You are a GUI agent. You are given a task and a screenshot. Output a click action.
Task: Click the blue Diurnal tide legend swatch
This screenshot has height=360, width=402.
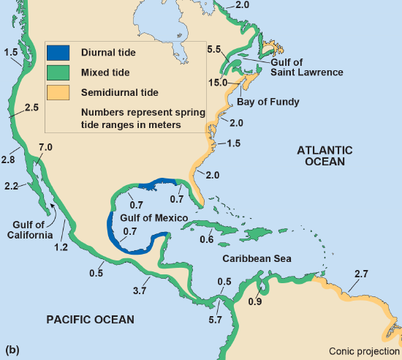coord(58,53)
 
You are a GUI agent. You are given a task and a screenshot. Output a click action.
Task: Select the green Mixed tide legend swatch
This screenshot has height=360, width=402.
coord(58,72)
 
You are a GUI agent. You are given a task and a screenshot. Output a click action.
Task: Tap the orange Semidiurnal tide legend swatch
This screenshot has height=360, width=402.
coord(58,92)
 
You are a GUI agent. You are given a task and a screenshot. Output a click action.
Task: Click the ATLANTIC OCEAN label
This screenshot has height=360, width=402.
coord(325,156)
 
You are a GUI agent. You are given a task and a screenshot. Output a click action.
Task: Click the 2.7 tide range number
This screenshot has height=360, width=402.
coord(361,274)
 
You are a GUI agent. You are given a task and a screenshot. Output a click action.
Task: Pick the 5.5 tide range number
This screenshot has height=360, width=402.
coord(214,49)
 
